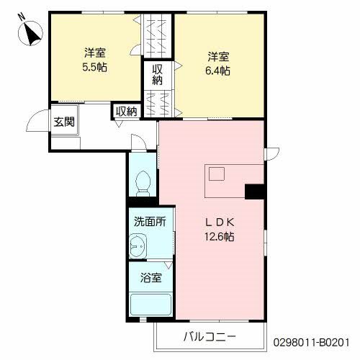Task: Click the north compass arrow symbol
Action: point(30,32)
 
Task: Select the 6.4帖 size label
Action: point(217,71)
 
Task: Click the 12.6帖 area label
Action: point(219,235)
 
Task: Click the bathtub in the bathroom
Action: point(150,305)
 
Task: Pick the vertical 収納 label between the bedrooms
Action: point(157,75)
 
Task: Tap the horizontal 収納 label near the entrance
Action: point(126,111)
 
